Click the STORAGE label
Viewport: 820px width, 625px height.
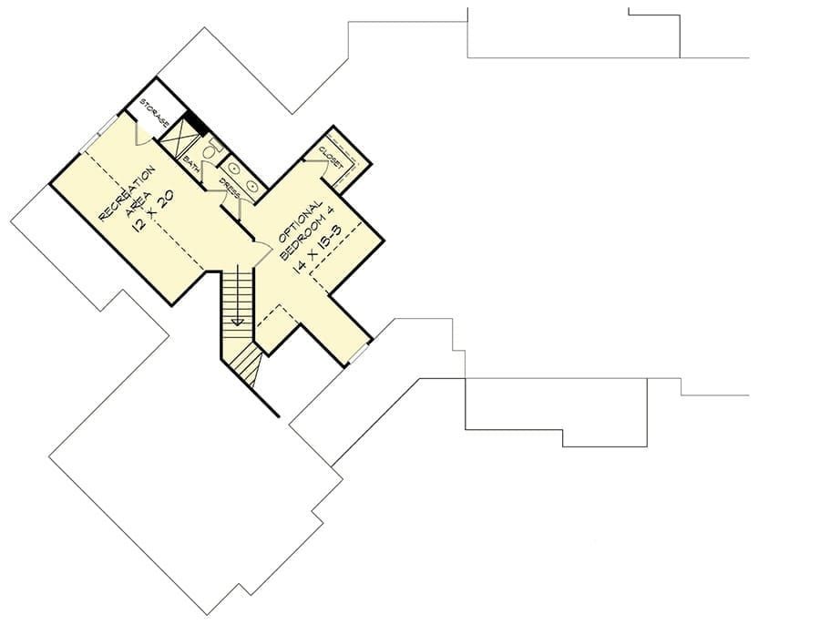(154, 112)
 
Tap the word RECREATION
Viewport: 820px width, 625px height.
(127, 193)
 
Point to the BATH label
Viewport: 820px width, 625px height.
(191, 162)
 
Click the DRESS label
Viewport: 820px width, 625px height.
(230, 189)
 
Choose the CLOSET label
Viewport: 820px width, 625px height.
(331, 157)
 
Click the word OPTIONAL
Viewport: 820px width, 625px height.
(300, 221)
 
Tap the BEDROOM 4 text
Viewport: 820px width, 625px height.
(307, 232)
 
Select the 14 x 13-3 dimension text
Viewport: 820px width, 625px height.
(317, 247)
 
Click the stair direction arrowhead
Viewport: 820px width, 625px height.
(238, 322)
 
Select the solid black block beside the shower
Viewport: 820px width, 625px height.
(198, 123)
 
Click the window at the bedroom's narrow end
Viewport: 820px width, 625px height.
(358, 352)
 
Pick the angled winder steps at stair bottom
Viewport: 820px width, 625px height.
(246, 362)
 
